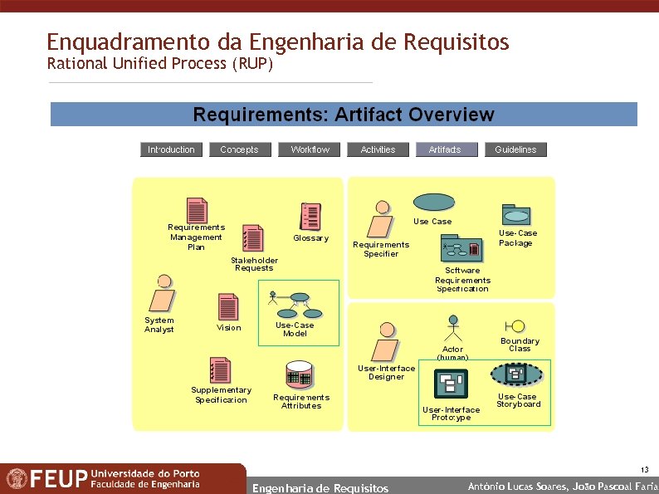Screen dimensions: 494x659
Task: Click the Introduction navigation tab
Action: pyautogui.click(x=171, y=149)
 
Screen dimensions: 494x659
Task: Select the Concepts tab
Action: pyautogui.click(x=239, y=149)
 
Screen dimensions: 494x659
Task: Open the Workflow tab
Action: pyautogui.click(x=310, y=149)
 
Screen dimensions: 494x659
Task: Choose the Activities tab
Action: pyautogui.click(x=378, y=149)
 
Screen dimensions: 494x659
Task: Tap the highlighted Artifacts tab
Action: pyautogui.click(x=445, y=149)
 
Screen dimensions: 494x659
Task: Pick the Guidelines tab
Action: pyautogui.click(x=515, y=149)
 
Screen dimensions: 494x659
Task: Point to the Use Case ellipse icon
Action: pyautogui.click(x=433, y=202)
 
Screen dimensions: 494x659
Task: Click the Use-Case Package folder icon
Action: pyautogui.click(x=516, y=214)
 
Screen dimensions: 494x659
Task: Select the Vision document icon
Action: pyautogui.click(x=227, y=307)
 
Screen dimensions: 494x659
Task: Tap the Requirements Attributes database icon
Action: pyautogui.click(x=299, y=374)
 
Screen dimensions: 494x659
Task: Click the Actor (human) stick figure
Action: pyautogui.click(x=453, y=329)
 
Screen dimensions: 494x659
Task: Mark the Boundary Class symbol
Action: pyautogui.click(x=519, y=326)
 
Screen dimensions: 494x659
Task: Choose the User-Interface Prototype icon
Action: pyautogui.click(x=452, y=384)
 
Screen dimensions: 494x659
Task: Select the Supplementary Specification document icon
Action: pyautogui.click(x=220, y=370)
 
